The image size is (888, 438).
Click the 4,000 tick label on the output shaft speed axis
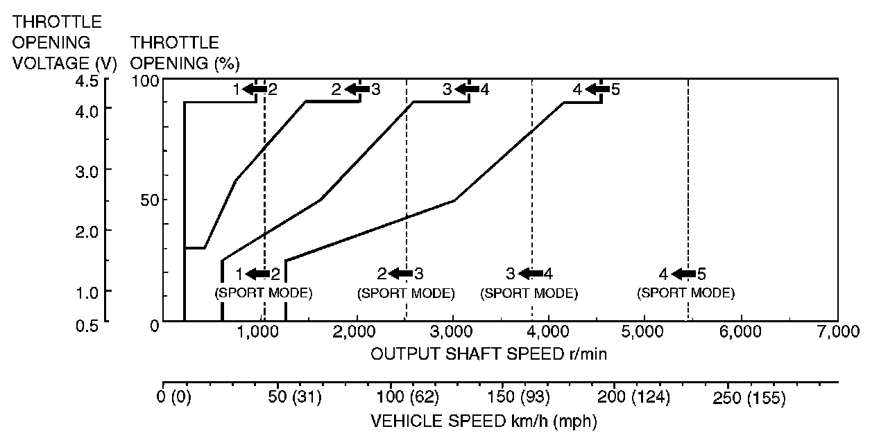pyautogui.click(x=548, y=332)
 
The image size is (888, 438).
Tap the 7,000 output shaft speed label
pyautogui.click(x=837, y=332)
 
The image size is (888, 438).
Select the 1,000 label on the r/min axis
pyautogui.click(x=259, y=332)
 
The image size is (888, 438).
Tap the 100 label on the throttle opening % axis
pyautogui.click(x=146, y=80)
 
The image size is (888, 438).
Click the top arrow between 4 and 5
pyautogui.click(x=597, y=89)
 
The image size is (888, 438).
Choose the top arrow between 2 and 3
pyautogui.click(x=357, y=89)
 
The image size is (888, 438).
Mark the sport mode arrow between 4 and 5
pyautogui.click(x=684, y=274)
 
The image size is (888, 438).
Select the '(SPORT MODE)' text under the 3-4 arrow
pyautogui.click(x=529, y=293)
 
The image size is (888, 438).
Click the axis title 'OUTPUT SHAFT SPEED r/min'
pyautogui.click(x=490, y=354)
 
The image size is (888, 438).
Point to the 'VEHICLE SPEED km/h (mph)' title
pyautogui.click(x=484, y=421)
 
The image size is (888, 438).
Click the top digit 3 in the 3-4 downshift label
pyautogui.click(x=447, y=89)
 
